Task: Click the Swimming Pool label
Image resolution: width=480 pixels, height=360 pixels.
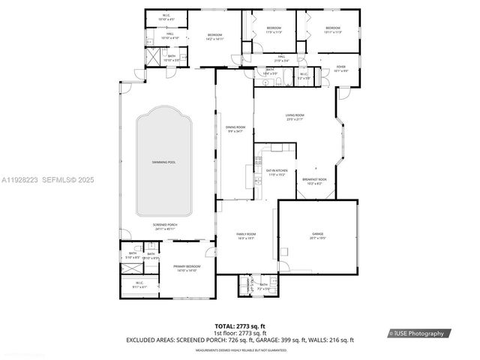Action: point(163,162)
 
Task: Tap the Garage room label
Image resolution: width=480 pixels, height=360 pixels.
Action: point(318,235)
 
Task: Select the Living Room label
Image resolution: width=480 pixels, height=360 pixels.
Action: point(294,117)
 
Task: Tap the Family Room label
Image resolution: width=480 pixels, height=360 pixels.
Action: point(247,236)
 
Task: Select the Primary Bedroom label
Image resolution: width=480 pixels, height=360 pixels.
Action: point(185,268)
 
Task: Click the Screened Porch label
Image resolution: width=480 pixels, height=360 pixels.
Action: point(164,226)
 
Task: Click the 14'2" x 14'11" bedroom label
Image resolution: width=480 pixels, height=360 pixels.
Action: point(214,37)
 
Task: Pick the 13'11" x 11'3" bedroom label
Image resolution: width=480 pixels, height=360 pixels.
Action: point(333,29)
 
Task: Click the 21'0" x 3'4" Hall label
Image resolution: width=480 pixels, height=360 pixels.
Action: point(282,58)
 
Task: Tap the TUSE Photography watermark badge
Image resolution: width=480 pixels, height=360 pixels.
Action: point(417,333)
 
